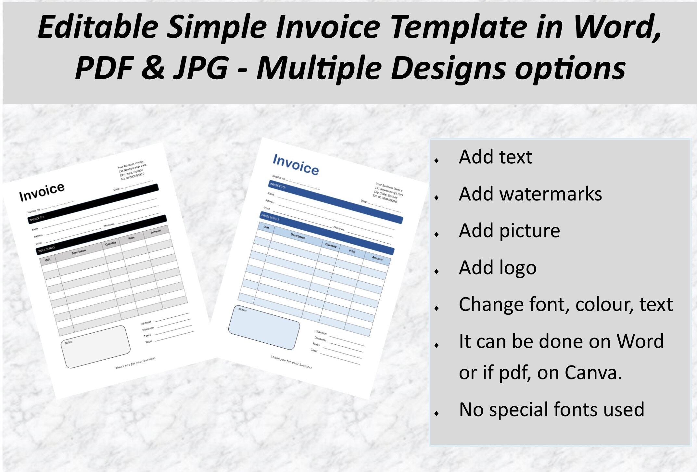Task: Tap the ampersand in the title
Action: pos(153,67)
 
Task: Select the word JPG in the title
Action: pos(201,68)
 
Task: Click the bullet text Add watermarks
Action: pos(530,194)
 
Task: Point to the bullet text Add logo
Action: pos(497,268)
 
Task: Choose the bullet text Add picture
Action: pos(509,231)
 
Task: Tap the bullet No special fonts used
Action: pos(551,410)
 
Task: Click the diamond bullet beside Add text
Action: pos(437,160)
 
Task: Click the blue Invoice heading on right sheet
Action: pos(296,165)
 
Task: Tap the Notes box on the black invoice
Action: pos(96,347)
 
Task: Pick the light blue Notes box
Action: pos(264,327)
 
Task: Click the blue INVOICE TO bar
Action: pos(335,201)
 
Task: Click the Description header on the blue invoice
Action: pos(298,236)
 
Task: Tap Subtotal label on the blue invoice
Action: pos(321,333)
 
